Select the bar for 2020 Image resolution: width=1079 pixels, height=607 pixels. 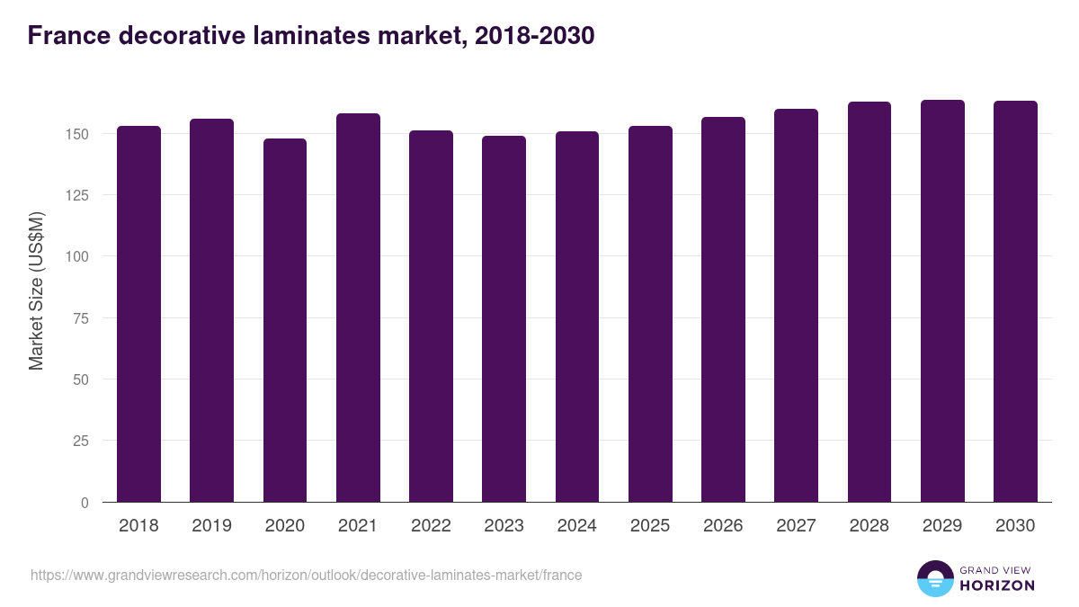pyautogui.click(x=285, y=320)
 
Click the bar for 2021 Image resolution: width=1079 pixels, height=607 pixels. pyautogui.click(x=358, y=308)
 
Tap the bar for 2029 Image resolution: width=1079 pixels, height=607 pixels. pyautogui.click(x=942, y=301)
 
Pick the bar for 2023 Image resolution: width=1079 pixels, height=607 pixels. pyautogui.click(x=504, y=319)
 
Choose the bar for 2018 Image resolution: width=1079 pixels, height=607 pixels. pyautogui.click(x=138, y=314)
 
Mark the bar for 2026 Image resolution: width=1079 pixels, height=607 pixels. pyautogui.click(x=723, y=309)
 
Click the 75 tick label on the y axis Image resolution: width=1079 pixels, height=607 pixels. pyautogui.click(x=82, y=318)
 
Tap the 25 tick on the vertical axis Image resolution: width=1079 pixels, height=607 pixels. pyautogui.click(x=82, y=441)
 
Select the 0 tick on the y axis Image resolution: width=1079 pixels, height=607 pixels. pyautogui.click(x=85, y=503)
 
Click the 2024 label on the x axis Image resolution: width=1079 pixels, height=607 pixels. pyautogui.click(x=576, y=526)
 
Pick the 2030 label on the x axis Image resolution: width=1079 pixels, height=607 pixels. pyautogui.click(x=1015, y=526)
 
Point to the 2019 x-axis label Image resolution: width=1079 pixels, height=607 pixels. pyautogui.click(x=211, y=526)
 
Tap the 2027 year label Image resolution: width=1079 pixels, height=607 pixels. pyautogui.click(x=796, y=526)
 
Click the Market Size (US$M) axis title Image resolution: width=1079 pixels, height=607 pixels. pyautogui.click(x=36, y=291)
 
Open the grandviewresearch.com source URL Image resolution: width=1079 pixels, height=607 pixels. pyautogui.click(x=306, y=575)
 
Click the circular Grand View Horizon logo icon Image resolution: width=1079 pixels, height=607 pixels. pyautogui.click(x=934, y=578)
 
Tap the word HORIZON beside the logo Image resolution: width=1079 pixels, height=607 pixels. pyautogui.click(x=997, y=585)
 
